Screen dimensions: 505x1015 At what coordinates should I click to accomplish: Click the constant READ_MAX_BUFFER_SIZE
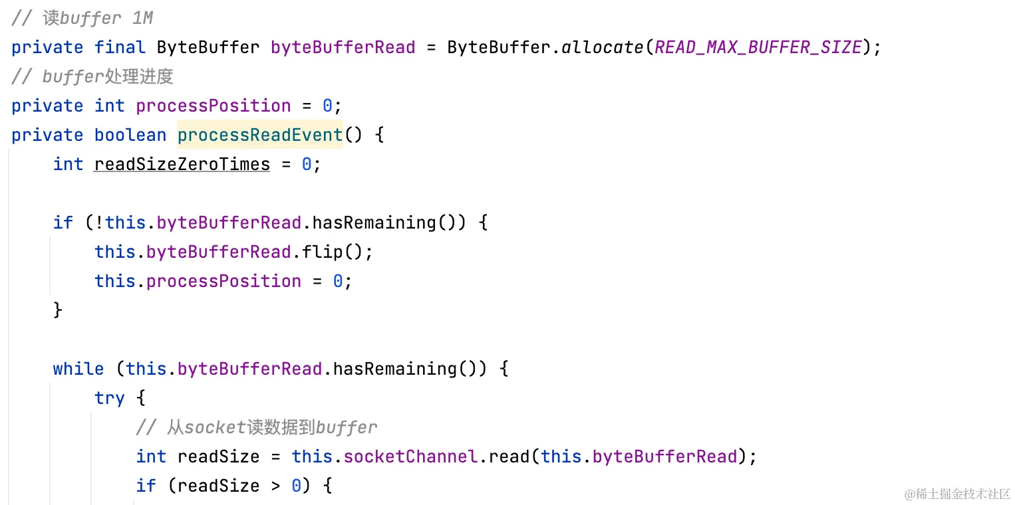pos(758,47)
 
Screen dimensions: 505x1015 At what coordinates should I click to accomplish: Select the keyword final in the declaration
pos(120,47)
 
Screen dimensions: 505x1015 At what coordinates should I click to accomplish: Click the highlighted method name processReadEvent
pos(260,135)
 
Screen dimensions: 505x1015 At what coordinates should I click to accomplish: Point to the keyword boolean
pos(130,135)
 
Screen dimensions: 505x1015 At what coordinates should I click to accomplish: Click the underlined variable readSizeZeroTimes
pos(182,164)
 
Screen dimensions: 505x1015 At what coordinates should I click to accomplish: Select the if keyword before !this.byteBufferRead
pos(63,223)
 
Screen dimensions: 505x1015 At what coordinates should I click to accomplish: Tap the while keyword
pos(78,369)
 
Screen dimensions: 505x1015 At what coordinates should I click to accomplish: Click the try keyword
pos(109,398)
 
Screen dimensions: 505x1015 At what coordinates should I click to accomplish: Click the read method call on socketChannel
pos(509,456)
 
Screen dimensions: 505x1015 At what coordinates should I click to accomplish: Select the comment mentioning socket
pos(256,427)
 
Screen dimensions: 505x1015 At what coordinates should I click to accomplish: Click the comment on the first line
pos(82,18)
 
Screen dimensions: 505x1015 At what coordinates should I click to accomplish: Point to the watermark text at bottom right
pos(958,494)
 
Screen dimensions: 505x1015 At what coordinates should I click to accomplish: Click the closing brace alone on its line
pos(58,310)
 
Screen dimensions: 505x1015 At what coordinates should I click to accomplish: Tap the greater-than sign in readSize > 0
pos(275,486)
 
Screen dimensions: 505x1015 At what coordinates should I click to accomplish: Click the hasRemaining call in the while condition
pos(395,369)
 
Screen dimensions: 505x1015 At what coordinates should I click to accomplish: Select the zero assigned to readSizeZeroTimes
pos(307,164)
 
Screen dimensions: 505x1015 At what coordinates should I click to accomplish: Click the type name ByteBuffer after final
pos(208,47)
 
